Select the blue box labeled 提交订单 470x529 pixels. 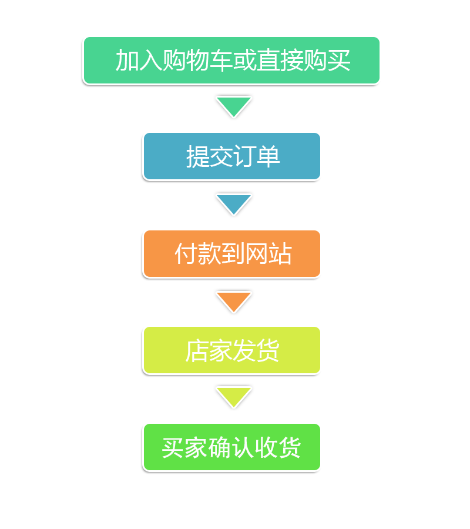(231, 156)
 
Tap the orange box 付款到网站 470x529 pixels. (231, 254)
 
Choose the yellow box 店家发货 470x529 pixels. (231, 350)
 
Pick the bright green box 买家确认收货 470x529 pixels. (231, 447)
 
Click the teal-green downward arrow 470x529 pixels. (233, 106)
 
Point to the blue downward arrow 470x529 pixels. (233, 203)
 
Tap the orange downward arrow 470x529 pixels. (233, 300)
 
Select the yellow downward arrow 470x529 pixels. (233, 396)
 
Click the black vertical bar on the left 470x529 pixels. (103, 144)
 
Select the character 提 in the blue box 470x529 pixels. (197, 157)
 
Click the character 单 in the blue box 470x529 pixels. (268, 157)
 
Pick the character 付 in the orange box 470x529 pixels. (186, 254)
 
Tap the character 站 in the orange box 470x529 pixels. (280, 254)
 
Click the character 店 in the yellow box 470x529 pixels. (197, 351)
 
